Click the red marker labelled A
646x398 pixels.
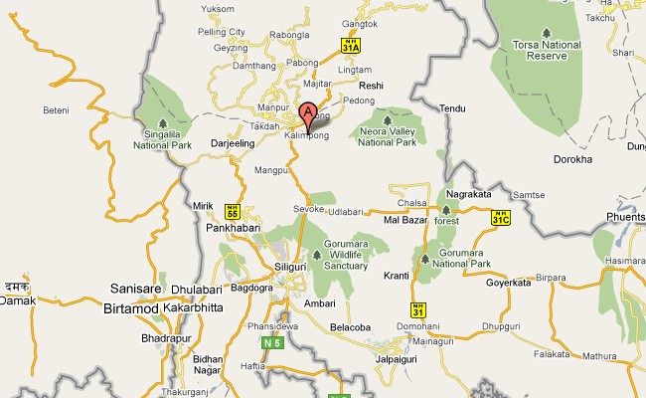pyautogui.click(x=308, y=113)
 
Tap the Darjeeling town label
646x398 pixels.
pyautogui.click(x=235, y=143)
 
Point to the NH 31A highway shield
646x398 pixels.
pyautogui.click(x=349, y=45)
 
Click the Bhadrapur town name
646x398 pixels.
pyautogui.click(x=138, y=338)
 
